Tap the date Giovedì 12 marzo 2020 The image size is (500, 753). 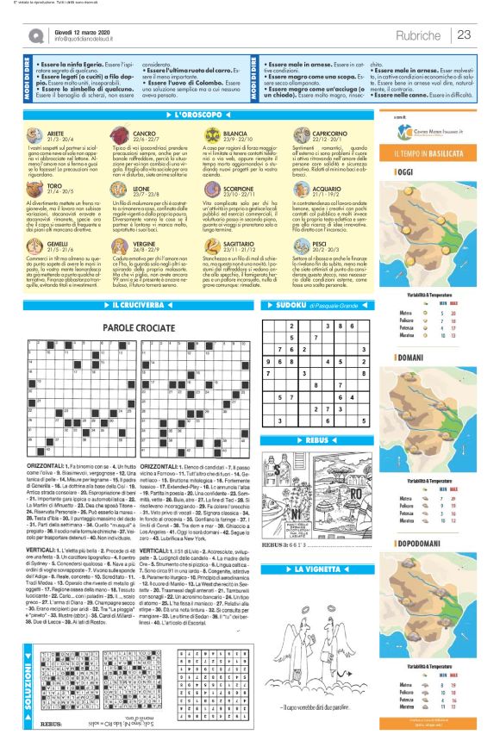79,31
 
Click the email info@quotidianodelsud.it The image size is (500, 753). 84,40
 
